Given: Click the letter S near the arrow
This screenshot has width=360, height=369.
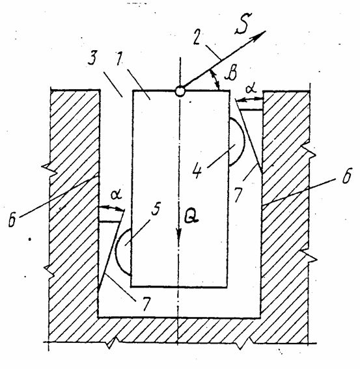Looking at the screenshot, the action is (243, 24).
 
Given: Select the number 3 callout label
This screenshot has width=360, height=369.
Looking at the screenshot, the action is (92, 58).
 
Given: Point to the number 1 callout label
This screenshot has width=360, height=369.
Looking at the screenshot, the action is (120, 58).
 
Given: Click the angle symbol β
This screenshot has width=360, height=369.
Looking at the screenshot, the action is (230, 72).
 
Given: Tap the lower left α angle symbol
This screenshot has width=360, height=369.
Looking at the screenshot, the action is (116, 195).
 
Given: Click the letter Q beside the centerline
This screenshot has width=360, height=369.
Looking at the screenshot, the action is (191, 216).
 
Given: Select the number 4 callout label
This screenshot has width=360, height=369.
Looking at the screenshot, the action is (197, 170).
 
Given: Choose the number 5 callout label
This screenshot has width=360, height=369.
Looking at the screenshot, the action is (156, 208).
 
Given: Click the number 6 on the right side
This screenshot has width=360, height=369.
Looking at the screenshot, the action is (346, 175).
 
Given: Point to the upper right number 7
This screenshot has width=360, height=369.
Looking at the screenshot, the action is (238, 195).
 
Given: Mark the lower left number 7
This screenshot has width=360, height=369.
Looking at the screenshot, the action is (146, 303).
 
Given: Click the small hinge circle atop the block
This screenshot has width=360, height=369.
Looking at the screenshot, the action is (180, 91).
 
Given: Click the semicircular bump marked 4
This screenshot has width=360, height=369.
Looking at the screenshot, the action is (237, 141).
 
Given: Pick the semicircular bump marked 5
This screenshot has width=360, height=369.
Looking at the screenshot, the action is (123, 252).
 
